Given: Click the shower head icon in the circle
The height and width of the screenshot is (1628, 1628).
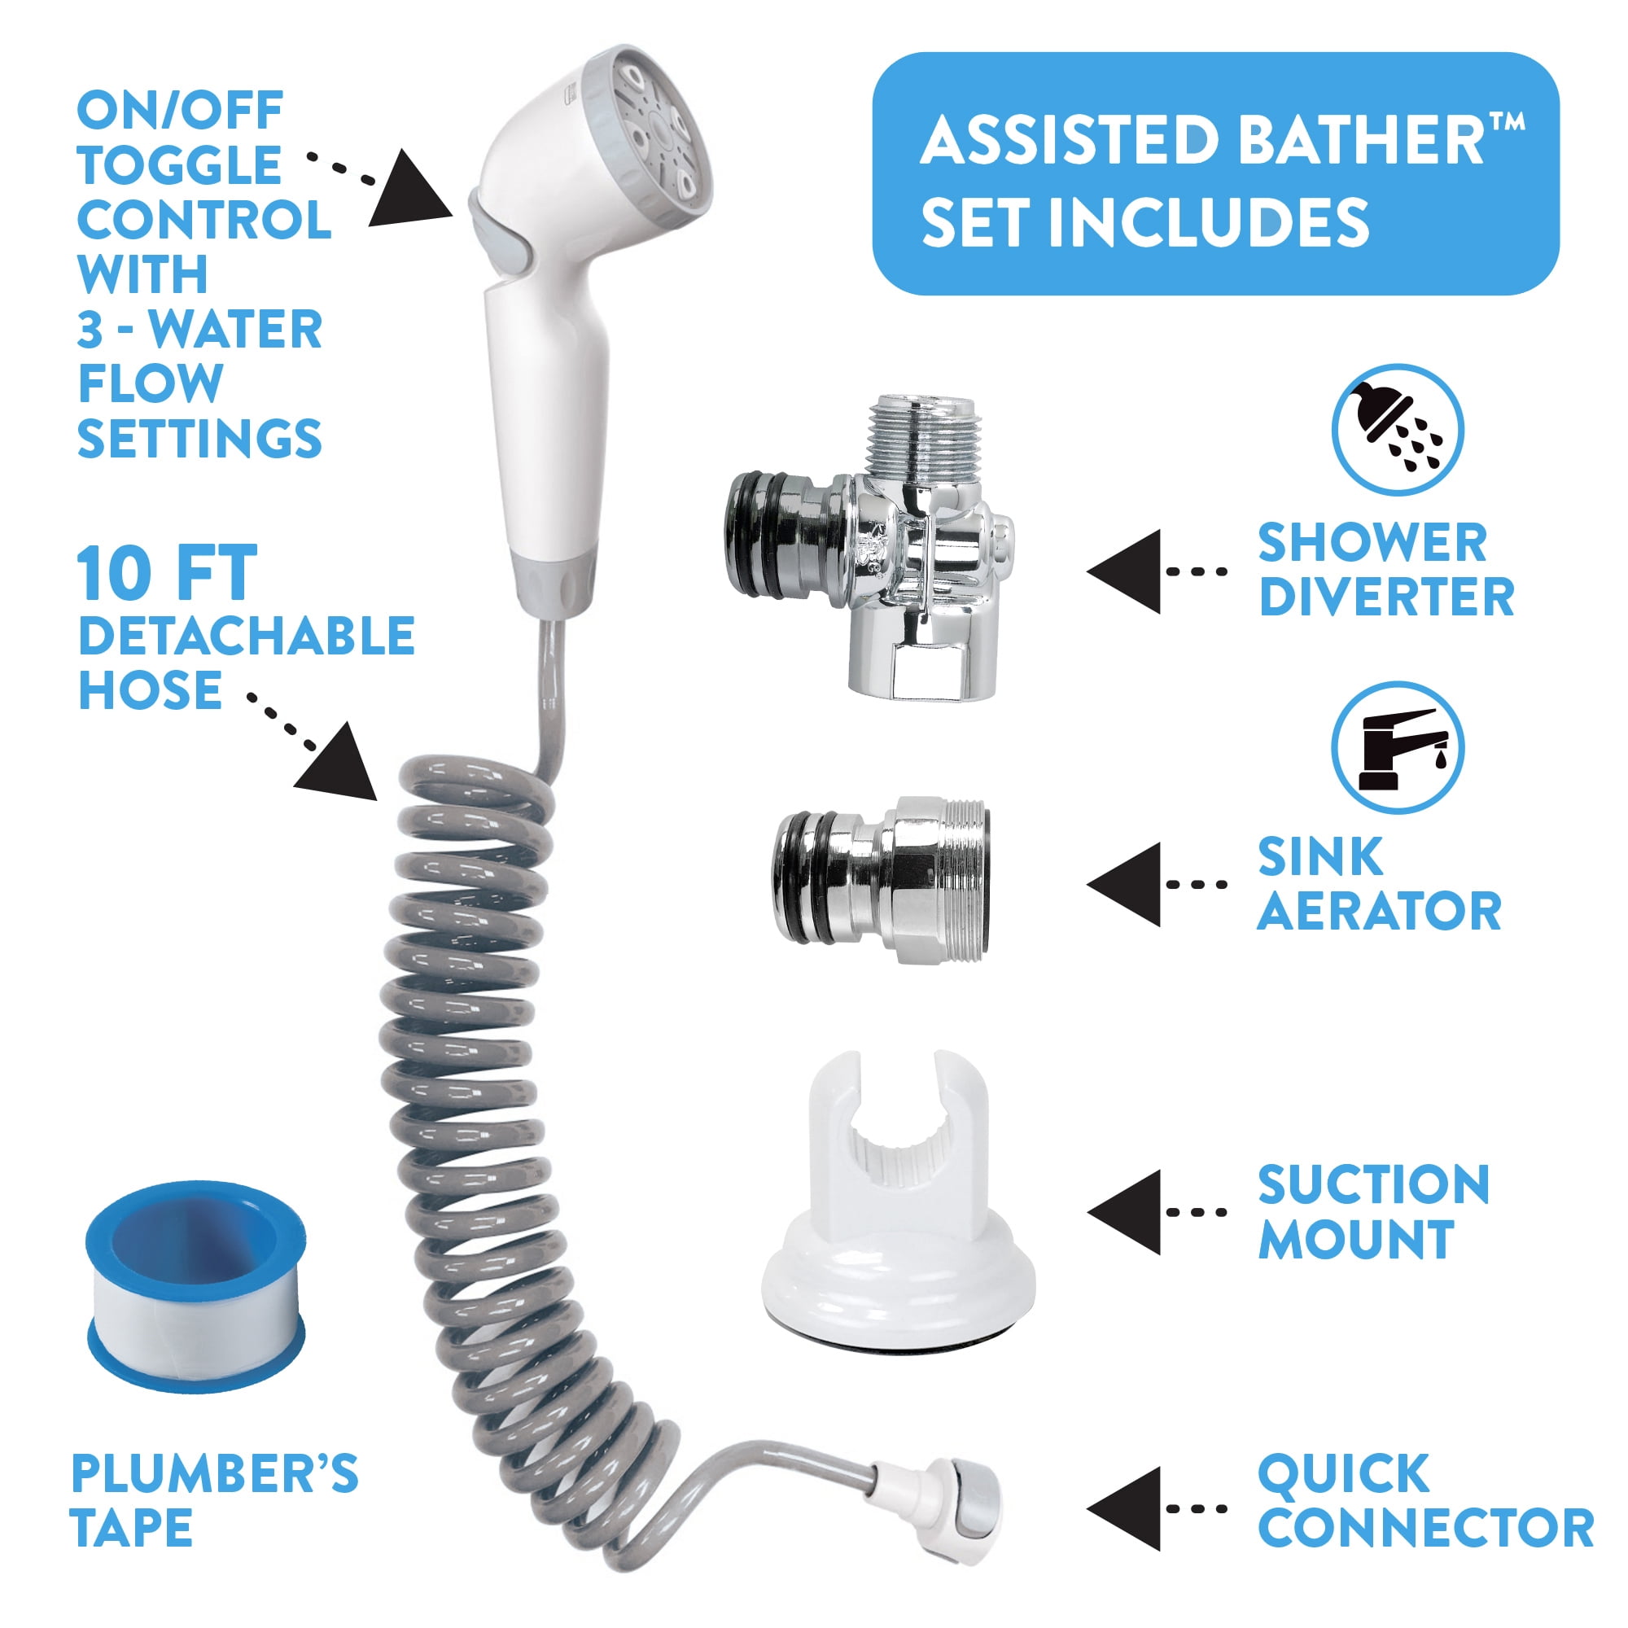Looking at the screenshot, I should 1397,431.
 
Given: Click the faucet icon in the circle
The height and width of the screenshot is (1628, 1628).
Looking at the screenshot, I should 1397,747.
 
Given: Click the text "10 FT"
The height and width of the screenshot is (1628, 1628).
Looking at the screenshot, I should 167,574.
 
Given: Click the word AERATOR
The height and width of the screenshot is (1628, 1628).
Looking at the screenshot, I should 1380,911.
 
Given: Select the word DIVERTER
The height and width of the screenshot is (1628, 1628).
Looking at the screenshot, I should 1386,597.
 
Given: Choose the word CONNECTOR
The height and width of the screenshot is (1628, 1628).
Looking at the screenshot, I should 1426,1527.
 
